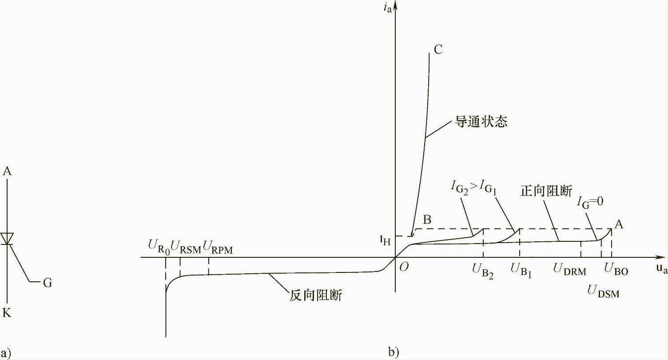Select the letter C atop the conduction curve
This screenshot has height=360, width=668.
pyautogui.click(x=438, y=49)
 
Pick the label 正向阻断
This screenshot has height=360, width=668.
pyautogui.click(x=546, y=192)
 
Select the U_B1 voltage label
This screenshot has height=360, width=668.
pyautogui.click(x=521, y=270)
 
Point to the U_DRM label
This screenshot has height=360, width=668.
pyautogui.click(x=569, y=270)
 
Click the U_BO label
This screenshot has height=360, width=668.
pyautogui.click(x=616, y=270)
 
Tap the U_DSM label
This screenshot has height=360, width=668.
pyautogui.click(x=603, y=292)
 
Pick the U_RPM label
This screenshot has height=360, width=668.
pyautogui.click(x=218, y=246)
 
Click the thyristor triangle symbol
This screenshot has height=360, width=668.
pyautogui.click(x=7, y=238)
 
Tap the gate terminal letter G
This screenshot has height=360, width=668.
pyautogui.click(x=47, y=283)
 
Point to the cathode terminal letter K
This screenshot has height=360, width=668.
pyautogui.click(x=7, y=313)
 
